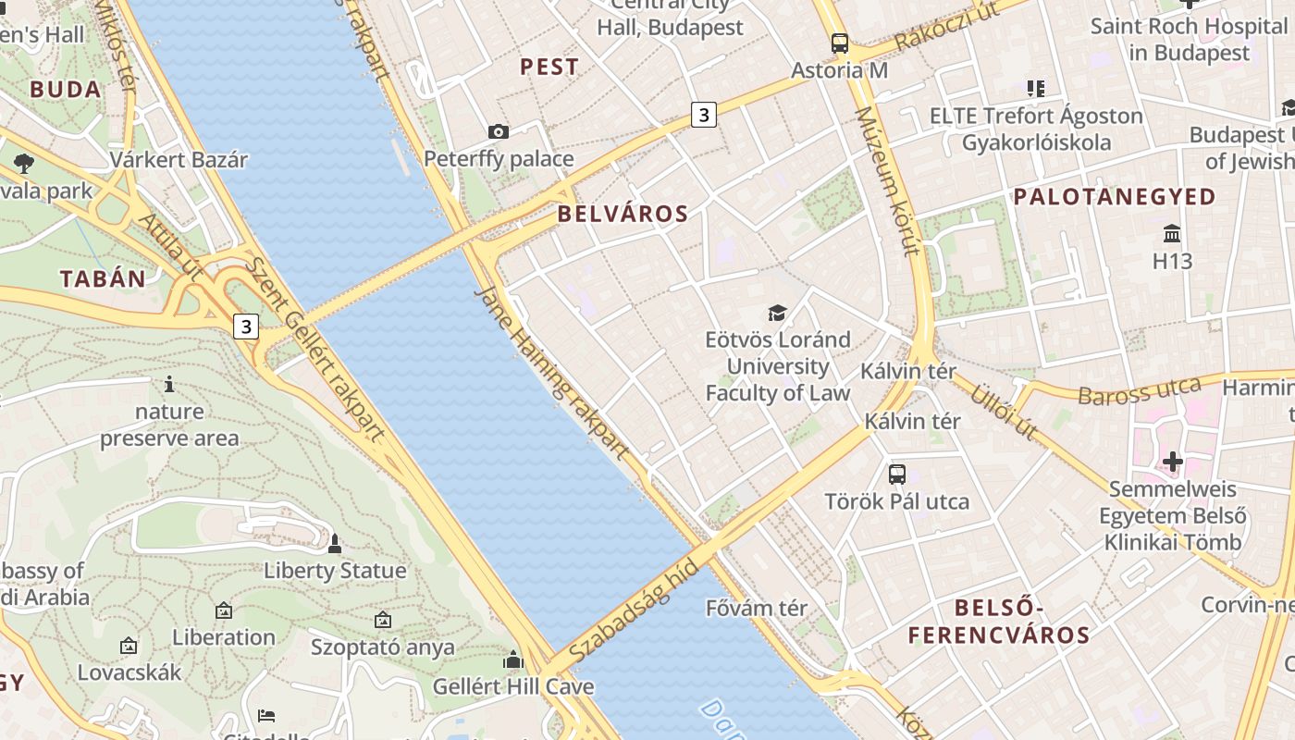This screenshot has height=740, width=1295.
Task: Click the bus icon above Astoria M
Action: point(839,43)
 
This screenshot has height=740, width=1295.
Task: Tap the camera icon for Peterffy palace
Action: point(498,132)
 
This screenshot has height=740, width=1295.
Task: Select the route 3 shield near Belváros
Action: point(704,115)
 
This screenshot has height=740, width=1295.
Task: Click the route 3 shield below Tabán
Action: point(245,326)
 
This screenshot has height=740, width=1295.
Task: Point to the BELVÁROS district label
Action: point(623,214)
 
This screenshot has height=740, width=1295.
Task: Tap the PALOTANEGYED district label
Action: point(1114,196)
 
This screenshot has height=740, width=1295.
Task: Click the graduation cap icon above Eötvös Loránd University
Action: point(777,313)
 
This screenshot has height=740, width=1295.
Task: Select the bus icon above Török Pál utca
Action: point(896,475)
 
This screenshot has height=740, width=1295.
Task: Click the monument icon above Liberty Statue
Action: point(335,544)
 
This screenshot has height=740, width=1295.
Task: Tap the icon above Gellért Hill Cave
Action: point(513,660)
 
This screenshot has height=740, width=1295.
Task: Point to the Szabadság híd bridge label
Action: point(634,610)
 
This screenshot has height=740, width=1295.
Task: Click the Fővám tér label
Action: point(756,608)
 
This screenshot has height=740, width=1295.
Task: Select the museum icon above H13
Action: point(1172,233)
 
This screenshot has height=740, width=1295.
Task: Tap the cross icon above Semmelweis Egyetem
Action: point(1173,461)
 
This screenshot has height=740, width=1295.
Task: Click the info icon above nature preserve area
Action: point(168,384)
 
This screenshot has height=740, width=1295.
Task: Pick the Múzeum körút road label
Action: point(887,180)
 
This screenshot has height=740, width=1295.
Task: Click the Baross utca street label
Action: point(1139,391)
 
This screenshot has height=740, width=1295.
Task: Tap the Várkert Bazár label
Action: point(179,159)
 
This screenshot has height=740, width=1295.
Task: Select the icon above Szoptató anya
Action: point(383,620)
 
